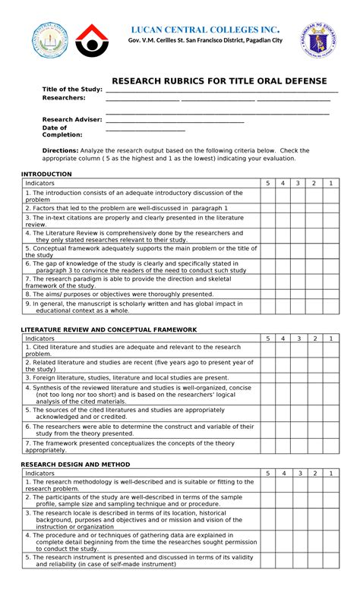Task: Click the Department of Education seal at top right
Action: (x=322, y=40)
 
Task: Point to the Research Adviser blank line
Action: (x=175, y=119)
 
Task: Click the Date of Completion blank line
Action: (x=145, y=128)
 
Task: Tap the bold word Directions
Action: (x=60, y=150)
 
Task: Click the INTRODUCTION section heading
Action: (x=46, y=174)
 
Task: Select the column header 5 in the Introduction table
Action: (x=267, y=184)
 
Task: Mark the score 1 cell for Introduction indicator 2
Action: (x=330, y=207)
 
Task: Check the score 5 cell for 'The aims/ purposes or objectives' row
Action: (x=267, y=294)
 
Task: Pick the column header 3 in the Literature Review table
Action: (x=298, y=338)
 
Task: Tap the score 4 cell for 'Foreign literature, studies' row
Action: (x=283, y=376)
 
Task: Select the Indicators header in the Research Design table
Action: (x=40, y=473)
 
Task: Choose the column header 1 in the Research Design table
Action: (x=330, y=473)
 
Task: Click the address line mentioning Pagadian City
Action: (x=205, y=39)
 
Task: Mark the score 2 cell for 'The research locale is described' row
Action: (x=314, y=520)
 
